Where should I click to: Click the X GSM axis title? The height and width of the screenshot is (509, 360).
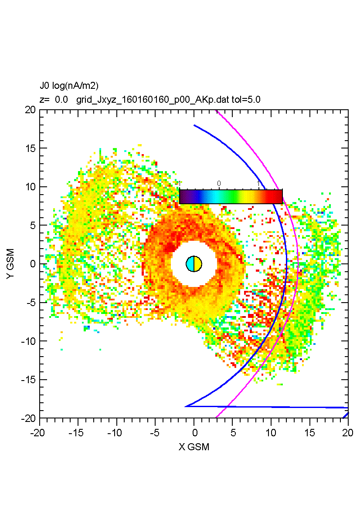[x=194, y=447]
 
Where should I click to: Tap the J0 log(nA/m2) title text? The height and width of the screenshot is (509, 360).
[x=69, y=86]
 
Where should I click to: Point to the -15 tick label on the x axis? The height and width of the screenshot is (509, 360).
[x=78, y=433]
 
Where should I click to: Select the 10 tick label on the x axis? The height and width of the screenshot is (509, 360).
[x=271, y=433]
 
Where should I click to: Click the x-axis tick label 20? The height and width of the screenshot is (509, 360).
[x=348, y=433]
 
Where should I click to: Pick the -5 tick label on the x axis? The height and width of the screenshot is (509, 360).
[x=155, y=433]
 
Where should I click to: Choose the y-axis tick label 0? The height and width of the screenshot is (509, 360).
[x=33, y=264]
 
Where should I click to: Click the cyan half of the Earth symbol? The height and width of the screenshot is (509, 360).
[x=190, y=264]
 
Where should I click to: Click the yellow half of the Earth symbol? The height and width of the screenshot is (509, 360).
[x=198, y=264]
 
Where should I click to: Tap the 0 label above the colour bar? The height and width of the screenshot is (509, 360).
[x=219, y=183]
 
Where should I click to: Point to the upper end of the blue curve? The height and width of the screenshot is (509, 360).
[x=194, y=125]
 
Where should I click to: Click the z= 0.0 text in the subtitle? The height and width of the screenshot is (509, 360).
[x=54, y=100]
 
